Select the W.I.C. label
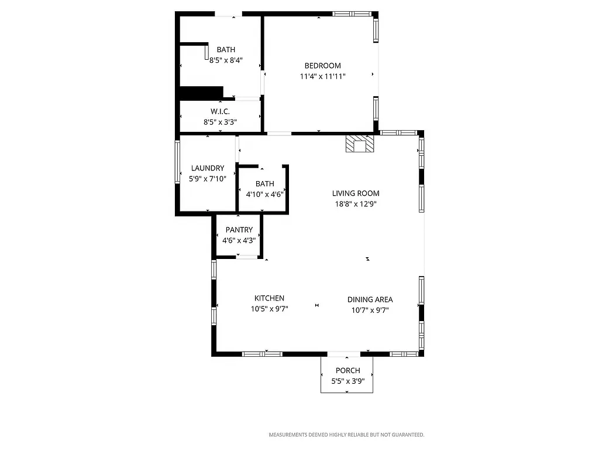click(x=220, y=111)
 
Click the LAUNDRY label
click(x=208, y=168)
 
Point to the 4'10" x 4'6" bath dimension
click(x=264, y=195)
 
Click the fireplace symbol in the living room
click(x=359, y=144)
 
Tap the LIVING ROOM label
click(x=356, y=193)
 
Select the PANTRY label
click(x=239, y=230)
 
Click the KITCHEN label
click(x=269, y=298)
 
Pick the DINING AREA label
click(x=370, y=299)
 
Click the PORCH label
click(x=347, y=370)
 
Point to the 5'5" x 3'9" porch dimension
click(x=347, y=381)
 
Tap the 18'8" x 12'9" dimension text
click(x=356, y=204)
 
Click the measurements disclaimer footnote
click(x=346, y=435)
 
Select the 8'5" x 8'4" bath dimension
click(x=226, y=60)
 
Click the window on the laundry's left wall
click(x=177, y=162)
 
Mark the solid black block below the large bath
click(x=201, y=92)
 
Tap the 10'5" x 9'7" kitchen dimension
click(x=269, y=309)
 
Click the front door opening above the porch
click(x=344, y=354)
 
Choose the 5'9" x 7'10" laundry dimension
click(x=208, y=179)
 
